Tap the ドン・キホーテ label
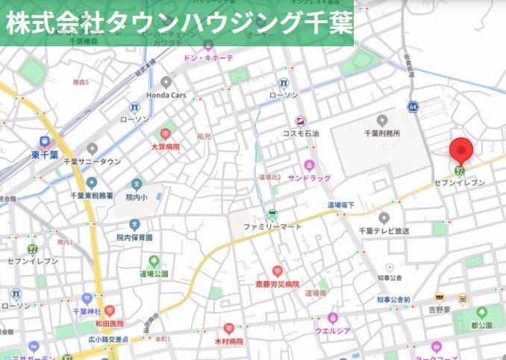208,58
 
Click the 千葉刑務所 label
382,133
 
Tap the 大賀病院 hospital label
166,146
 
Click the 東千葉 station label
45,155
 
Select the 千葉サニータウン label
93,161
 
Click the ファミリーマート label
272,226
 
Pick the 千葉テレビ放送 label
384,231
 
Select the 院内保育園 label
134,237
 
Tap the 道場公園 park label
154,273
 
